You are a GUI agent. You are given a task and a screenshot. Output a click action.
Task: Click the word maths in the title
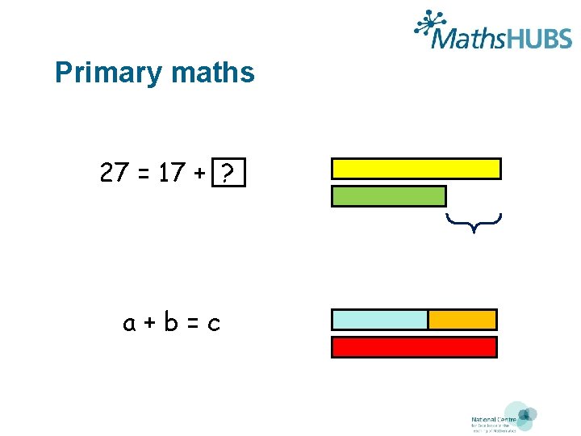coord(212,73)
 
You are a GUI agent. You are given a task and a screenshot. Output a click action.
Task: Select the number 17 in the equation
coord(172,172)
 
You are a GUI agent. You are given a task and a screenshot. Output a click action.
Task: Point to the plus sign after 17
coord(199,173)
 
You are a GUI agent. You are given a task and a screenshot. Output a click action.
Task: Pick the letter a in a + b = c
coord(129,324)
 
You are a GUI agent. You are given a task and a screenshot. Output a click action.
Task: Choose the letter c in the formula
coord(214,325)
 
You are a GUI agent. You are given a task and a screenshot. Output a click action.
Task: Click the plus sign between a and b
coord(150,324)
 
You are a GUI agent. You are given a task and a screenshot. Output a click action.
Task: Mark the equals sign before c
coord(192,324)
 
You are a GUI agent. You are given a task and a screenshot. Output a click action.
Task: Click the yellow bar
coord(416,168)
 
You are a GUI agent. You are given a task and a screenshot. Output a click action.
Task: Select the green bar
coord(388,196)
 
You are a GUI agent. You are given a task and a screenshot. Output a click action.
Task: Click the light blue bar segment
coord(379,320)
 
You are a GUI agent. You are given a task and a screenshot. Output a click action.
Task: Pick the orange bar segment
coord(462,320)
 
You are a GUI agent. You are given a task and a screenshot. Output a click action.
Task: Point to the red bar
coord(415,347)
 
